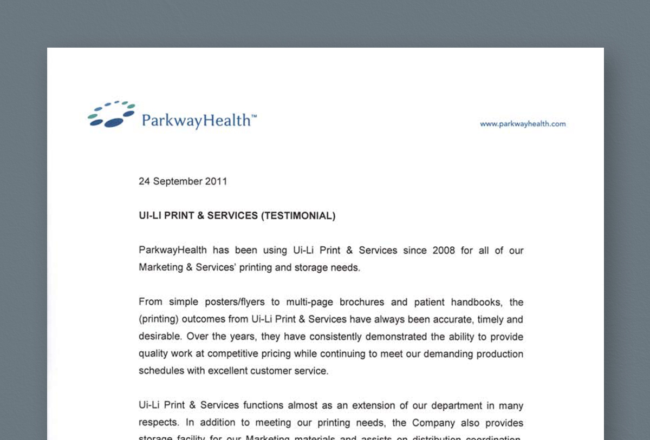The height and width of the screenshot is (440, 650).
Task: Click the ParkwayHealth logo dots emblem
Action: click(x=111, y=114)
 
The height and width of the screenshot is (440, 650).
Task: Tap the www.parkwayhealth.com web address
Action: click(x=523, y=124)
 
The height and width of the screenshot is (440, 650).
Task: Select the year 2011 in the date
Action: click(x=216, y=181)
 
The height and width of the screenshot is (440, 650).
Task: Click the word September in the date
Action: click(x=178, y=181)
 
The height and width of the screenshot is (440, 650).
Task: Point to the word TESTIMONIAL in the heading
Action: click(x=298, y=216)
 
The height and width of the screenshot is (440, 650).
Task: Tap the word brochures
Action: click(x=359, y=302)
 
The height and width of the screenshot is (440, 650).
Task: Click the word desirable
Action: click(x=159, y=337)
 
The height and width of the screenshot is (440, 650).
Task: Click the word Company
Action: click(x=433, y=423)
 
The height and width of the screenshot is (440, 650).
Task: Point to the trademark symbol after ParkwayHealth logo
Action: click(x=254, y=116)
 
